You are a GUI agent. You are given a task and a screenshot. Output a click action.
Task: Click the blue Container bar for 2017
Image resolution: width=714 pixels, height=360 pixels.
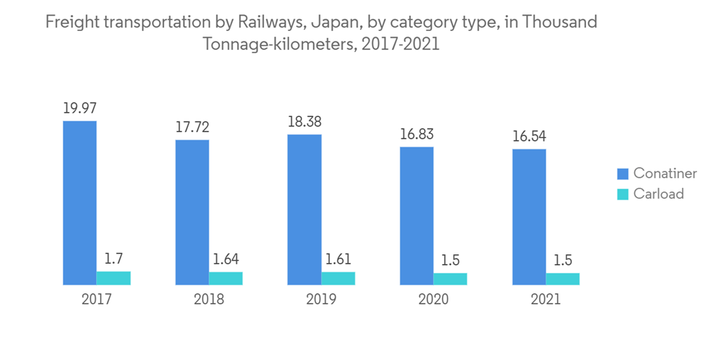click(79, 203)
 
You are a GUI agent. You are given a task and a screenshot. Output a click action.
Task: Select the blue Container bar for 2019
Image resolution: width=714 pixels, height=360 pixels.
click(304, 209)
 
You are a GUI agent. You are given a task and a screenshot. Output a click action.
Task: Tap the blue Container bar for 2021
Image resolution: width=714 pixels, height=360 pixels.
click(529, 217)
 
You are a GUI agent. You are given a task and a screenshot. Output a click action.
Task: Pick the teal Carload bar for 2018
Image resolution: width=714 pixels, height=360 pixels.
click(226, 279)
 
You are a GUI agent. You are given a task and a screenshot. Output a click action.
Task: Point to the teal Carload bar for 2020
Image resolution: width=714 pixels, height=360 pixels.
click(451, 279)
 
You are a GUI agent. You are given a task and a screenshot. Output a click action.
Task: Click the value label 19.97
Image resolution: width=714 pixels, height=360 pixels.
click(79, 109)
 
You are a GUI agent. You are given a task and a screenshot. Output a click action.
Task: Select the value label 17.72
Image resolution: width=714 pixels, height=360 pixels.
click(192, 127)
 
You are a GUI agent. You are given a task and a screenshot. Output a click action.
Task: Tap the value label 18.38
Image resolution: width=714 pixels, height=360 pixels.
click(304, 122)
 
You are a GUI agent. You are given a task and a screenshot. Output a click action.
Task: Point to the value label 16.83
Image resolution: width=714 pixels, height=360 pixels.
click(417, 134)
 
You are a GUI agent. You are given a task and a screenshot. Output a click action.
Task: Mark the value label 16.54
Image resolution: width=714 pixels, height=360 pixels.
click(529, 136)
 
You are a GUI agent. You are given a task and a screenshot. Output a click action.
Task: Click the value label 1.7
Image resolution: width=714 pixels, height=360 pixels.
click(114, 258)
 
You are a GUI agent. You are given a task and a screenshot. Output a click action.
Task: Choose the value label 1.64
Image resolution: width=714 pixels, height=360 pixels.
click(226, 259)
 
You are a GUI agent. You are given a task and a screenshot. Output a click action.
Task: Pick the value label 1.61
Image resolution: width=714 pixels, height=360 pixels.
click(338, 259)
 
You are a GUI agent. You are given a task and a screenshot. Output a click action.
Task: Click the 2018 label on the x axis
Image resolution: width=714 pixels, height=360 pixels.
click(208, 299)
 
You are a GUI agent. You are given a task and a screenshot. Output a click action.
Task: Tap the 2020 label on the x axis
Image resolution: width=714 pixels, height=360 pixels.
click(433, 299)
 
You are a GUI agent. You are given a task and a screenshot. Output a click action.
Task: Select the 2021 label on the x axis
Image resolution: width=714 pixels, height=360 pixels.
click(545, 299)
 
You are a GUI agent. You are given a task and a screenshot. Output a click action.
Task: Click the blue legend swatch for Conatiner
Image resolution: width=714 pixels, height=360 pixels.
click(622, 174)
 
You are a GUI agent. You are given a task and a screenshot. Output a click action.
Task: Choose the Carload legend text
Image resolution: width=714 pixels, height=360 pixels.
click(658, 194)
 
